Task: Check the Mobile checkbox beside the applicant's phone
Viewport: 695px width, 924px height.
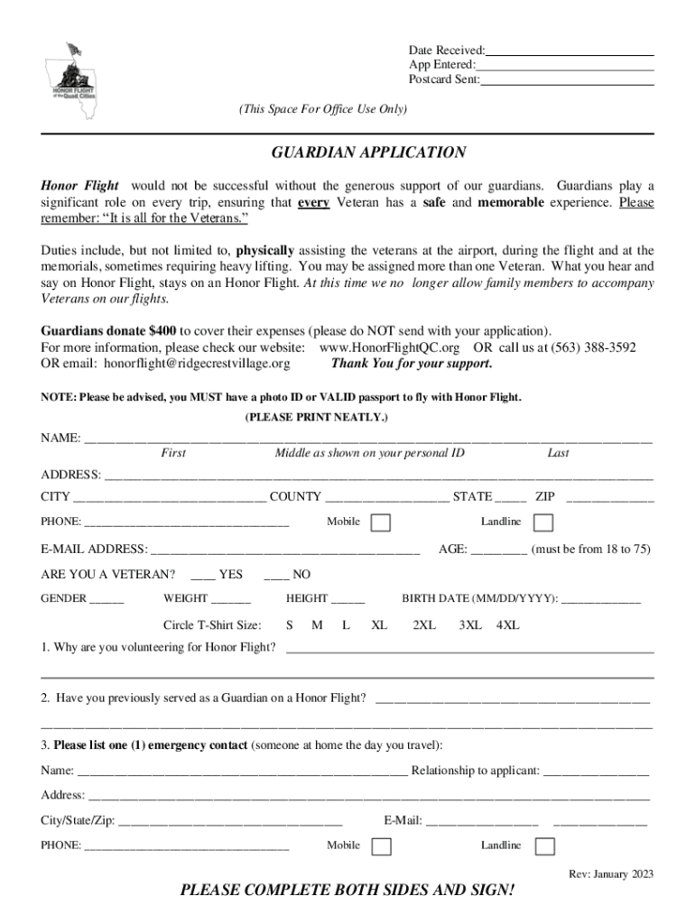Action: pyautogui.click(x=382, y=522)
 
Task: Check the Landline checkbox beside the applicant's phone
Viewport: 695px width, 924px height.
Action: pyautogui.click(x=543, y=522)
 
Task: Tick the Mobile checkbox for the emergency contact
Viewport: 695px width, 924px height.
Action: pyautogui.click(x=382, y=846)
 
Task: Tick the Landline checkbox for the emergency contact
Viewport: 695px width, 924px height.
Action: pyautogui.click(x=544, y=846)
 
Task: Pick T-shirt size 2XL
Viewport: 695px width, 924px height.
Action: pyautogui.click(x=424, y=624)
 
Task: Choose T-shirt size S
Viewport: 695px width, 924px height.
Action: pyautogui.click(x=290, y=624)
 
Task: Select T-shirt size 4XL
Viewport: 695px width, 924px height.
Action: pyautogui.click(x=508, y=624)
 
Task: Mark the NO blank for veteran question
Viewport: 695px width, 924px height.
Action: pyautogui.click(x=274, y=576)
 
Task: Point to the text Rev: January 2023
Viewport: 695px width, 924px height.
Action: pyautogui.click(x=611, y=873)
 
